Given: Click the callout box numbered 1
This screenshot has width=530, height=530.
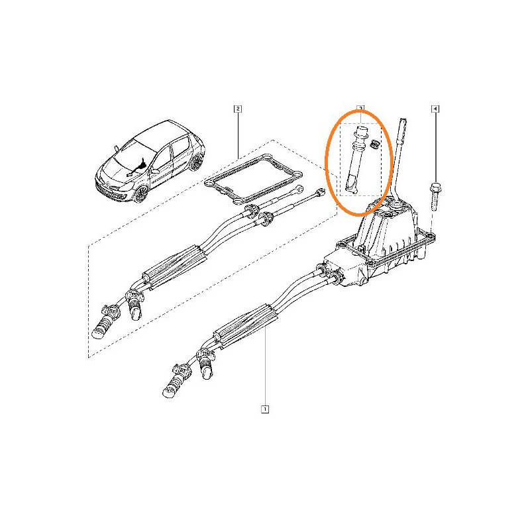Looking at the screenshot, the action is click(x=265, y=409).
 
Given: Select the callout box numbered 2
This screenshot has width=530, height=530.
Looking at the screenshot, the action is click(x=238, y=109).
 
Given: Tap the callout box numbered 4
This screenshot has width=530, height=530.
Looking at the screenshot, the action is click(x=435, y=109).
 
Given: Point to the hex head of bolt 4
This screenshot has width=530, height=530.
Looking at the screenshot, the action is click(x=435, y=187).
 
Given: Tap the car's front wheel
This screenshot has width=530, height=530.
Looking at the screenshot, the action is click(x=141, y=193).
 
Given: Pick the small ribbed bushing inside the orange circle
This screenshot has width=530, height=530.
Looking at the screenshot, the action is click(x=374, y=144).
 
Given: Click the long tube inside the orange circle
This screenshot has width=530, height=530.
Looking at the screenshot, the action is click(x=357, y=159).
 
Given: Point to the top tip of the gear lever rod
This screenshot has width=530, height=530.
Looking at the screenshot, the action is click(x=403, y=119).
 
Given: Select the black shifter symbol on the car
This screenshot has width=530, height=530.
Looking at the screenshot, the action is click(x=136, y=168).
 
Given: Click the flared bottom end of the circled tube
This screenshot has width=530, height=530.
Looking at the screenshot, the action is click(x=351, y=185).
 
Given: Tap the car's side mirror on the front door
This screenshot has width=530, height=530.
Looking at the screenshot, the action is click(x=156, y=172).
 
